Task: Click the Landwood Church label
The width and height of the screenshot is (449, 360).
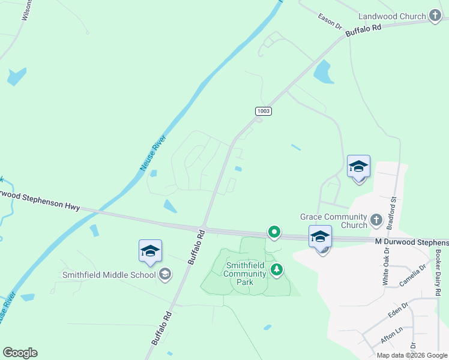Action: pos(392,17)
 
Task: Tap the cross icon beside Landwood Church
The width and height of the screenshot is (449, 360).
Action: pos(436,17)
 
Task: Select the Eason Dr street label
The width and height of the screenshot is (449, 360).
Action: pos(330,21)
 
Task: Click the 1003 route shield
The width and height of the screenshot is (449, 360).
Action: pos(263,111)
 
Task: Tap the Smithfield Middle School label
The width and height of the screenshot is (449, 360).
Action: pos(109,275)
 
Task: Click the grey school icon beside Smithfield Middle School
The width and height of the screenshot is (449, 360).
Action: pos(164,275)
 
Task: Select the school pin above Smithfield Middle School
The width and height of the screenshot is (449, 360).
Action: pos(150,251)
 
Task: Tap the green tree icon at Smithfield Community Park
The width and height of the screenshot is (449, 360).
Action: pos(276,270)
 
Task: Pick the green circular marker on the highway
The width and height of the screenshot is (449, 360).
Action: pos(274,231)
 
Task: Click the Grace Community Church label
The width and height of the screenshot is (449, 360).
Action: pos(334,221)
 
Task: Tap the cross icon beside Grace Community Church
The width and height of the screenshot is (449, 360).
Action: pos(376,220)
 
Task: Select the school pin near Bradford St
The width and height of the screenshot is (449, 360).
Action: pos(358,167)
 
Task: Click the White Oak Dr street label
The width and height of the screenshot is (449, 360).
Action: pos(386,268)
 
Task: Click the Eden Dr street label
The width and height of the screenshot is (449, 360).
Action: pos(397,313)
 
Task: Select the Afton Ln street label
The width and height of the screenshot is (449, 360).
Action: pos(392,335)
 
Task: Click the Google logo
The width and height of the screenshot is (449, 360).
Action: pos(20,352)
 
